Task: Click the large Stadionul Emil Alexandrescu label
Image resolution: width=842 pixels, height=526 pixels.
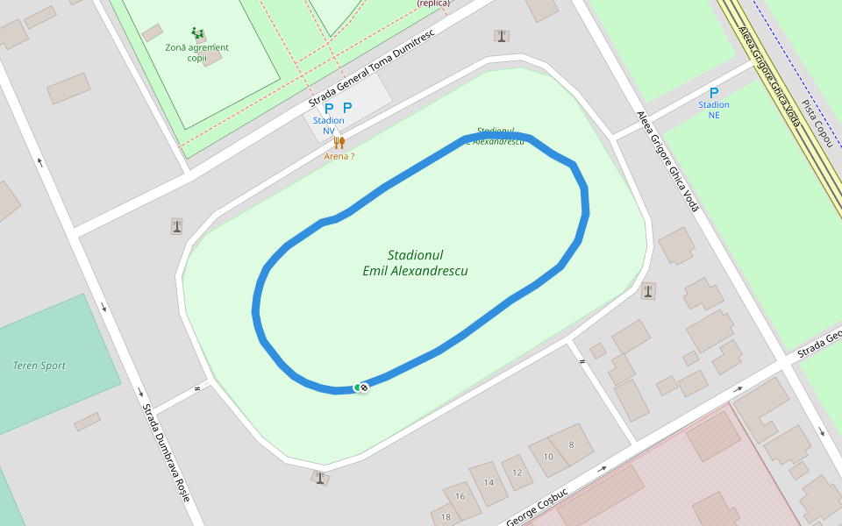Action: pos(415,262)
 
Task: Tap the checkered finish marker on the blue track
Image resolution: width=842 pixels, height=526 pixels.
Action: pos(364,387)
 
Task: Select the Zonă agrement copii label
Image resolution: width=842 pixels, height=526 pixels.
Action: pos(196,52)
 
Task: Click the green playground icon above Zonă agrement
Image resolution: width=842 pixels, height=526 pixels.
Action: pos(197,33)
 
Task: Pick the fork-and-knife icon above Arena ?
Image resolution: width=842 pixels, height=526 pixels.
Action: pos(340,142)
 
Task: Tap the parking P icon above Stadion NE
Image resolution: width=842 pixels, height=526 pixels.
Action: pos(714,92)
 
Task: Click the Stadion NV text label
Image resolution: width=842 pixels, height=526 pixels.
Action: pos(329,125)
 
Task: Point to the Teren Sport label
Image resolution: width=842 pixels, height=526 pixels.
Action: pos(39,366)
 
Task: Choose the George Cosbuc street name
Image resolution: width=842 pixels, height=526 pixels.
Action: pos(538,506)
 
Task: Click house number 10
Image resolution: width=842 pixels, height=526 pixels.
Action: pos(548,457)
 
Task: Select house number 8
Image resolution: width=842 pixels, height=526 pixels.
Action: pos(572,444)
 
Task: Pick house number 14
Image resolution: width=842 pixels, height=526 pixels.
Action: pos(489,482)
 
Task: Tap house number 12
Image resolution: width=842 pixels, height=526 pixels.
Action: pos(517,473)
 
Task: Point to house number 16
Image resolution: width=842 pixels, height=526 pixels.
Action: pos(460,496)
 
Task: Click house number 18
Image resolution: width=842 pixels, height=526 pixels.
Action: pos(446,516)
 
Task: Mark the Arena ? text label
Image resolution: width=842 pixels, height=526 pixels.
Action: pos(339,156)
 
